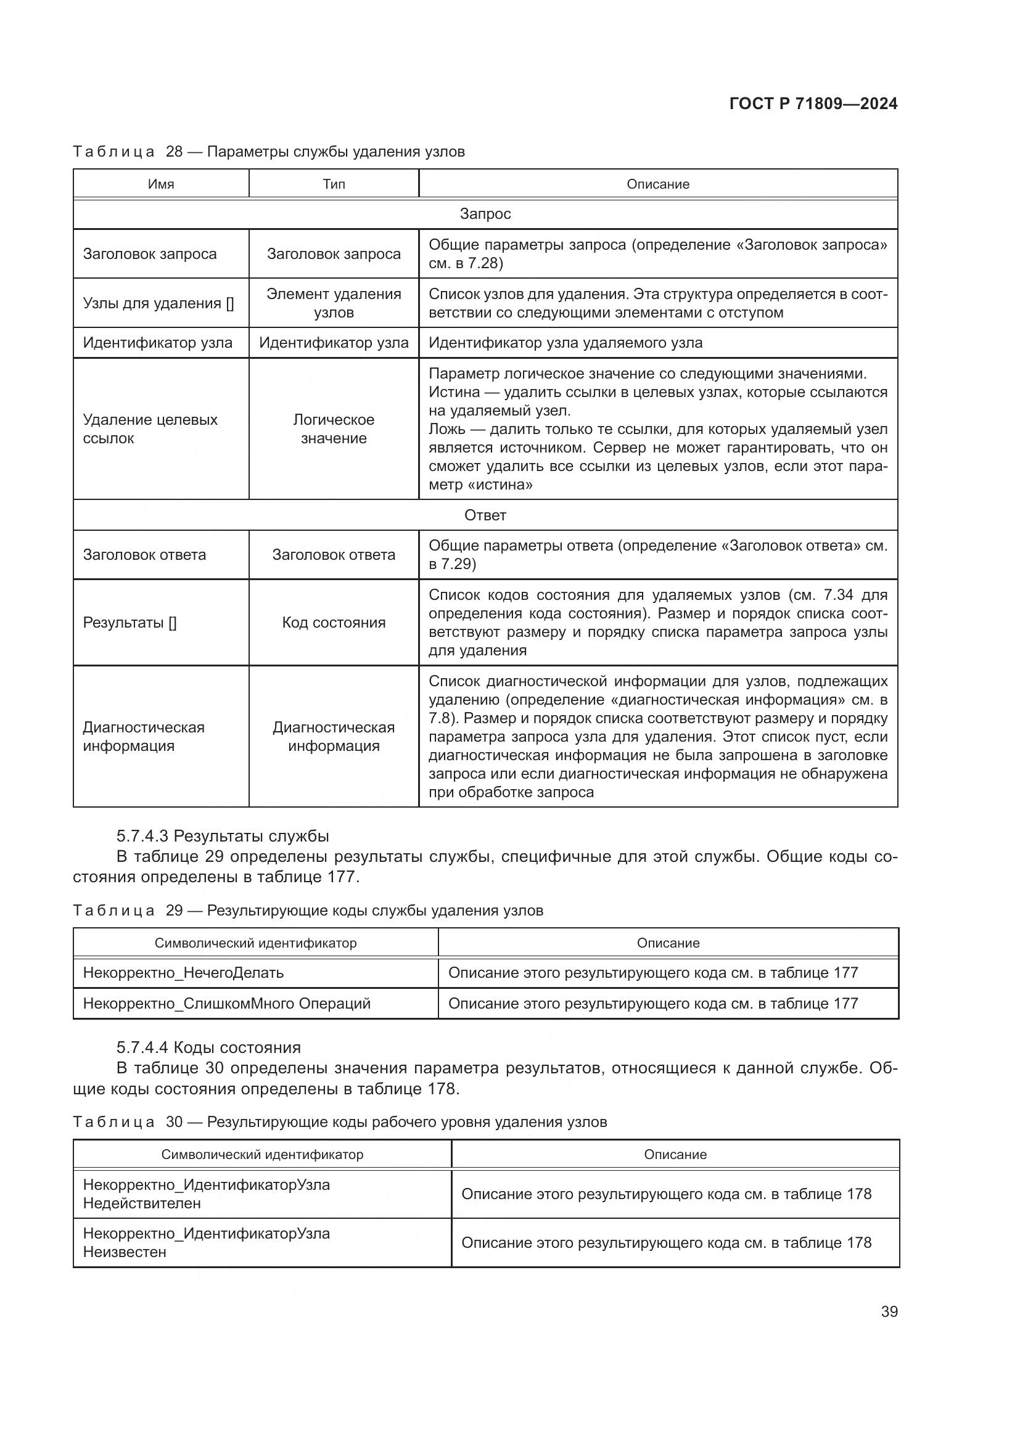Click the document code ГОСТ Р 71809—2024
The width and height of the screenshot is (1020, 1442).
[x=813, y=104]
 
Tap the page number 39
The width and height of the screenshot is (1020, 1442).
[x=889, y=1311]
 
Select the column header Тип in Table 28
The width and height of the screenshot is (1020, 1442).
[x=334, y=184]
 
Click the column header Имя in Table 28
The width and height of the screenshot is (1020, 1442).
[x=161, y=184]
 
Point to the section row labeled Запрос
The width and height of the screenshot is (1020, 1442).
[x=485, y=214]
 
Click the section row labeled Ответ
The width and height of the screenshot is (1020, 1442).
[x=485, y=515]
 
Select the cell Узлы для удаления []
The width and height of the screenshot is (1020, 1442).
[x=158, y=303]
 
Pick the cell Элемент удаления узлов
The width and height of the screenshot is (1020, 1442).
[x=334, y=303]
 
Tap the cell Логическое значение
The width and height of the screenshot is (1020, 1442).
[x=334, y=429]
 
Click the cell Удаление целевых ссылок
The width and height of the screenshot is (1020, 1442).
[x=150, y=429]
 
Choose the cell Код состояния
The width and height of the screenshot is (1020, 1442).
[x=334, y=623]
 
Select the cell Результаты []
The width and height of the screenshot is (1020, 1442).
[x=130, y=623]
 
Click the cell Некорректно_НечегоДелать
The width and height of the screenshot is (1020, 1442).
[x=183, y=973]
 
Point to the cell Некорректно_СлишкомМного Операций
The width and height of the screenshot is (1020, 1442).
[x=227, y=1004]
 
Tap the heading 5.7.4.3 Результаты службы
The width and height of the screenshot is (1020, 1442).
[x=223, y=836]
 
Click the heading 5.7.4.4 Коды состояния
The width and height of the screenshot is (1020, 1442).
[x=208, y=1047]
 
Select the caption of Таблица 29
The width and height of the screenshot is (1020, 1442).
[x=308, y=911]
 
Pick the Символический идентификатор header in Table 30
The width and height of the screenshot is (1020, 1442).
[x=262, y=1154]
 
